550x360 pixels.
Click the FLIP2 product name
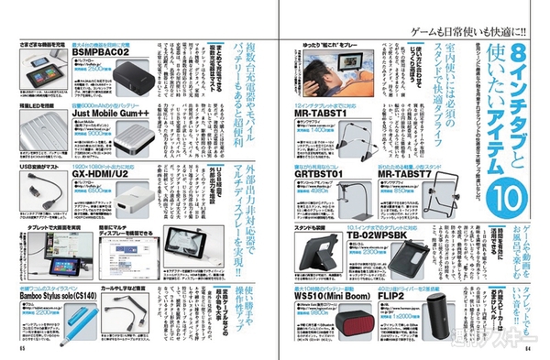tap(403, 297)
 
